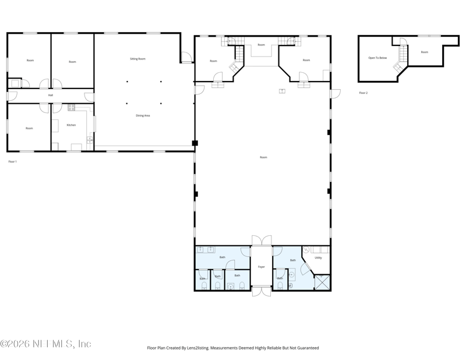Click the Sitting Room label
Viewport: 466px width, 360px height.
tap(137, 59)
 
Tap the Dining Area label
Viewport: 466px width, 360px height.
tap(143, 115)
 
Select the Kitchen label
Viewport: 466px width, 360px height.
tap(71, 125)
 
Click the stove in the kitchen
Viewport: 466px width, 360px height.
tap(71, 107)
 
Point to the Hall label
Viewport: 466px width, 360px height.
tap(51, 95)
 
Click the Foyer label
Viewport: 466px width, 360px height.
tap(262, 267)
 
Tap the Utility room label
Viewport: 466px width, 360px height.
tap(318, 257)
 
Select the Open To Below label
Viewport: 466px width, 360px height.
tap(377, 58)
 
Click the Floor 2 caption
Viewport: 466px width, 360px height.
tap(363, 93)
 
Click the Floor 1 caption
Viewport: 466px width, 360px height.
tap(12, 161)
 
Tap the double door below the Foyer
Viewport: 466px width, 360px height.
tap(262, 291)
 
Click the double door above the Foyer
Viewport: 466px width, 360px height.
tap(262, 241)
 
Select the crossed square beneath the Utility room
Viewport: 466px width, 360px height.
tap(322, 283)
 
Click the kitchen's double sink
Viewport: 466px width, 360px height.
tap(90, 140)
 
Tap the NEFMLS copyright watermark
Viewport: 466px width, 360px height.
tap(45, 344)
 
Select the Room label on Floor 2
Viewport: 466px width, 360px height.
tap(425, 52)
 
